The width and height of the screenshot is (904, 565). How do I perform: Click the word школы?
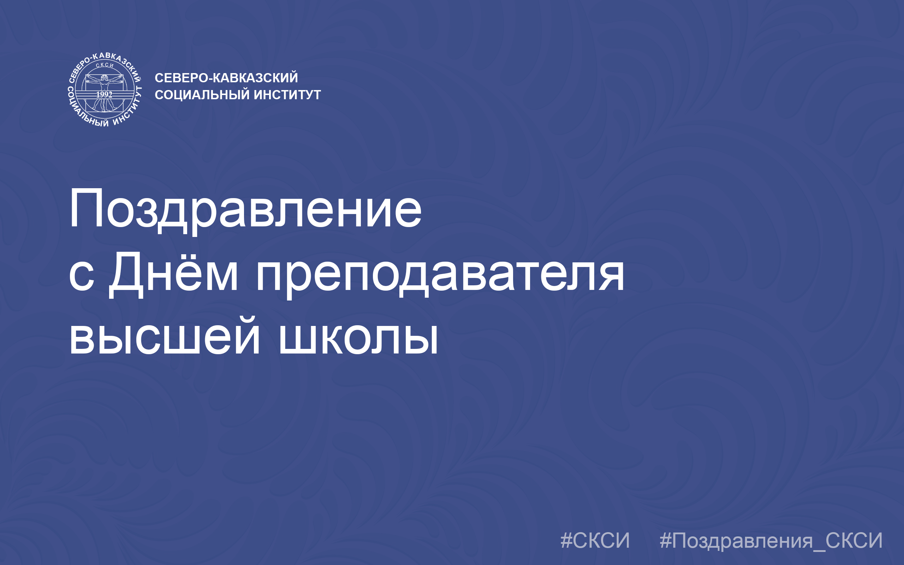pyautogui.click(x=359, y=335)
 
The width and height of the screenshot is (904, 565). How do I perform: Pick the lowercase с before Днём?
pyautogui.click(x=82, y=276)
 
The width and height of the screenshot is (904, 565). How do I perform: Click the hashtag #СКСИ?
pyautogui.click(x=595, y=540)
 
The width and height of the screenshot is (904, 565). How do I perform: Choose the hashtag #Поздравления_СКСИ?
pyautogui.click(x=771, y=541)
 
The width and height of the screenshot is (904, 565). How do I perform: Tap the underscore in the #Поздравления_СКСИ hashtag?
pyautogui.click(x=819, y=551)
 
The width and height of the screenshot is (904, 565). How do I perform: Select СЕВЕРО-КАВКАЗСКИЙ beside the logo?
pyautogui.click(x=226, y=77)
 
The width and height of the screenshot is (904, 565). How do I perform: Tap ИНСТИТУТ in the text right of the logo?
pyautogui.click(x=287, y=95)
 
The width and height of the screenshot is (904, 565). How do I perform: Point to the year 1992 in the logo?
pyautogui.click(x=104, y=95)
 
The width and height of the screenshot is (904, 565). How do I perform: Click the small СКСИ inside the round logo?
pyautogui.click(x=105, y=65)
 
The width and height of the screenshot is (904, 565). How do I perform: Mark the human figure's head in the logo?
pyautogui.click(x=105, y=78)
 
